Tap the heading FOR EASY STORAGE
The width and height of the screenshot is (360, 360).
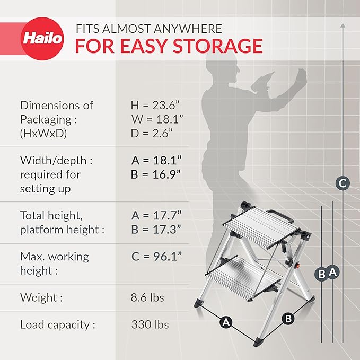[x=169, y=46]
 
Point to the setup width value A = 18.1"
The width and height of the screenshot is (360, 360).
[x=156, y=160]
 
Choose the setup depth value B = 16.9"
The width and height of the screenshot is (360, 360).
[x=156, y=174]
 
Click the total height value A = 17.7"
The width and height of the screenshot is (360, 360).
[x=156, y=216]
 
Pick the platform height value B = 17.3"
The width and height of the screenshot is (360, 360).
[x=156, y=230]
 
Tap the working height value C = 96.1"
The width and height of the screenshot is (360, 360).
[x=156, y=257]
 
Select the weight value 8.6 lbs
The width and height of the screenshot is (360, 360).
[x=147, y=297]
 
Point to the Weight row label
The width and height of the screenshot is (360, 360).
[x=41, y=297]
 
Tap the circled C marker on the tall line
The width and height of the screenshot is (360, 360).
[x=343, y=184]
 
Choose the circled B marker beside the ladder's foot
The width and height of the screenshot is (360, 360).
[x=288, y=319]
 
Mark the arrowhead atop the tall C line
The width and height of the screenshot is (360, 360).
[x=343, y=25]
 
